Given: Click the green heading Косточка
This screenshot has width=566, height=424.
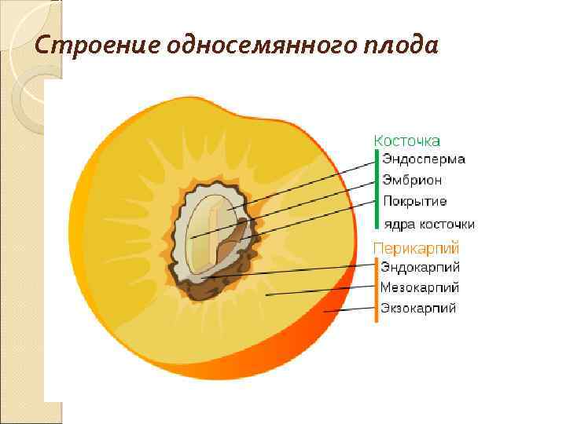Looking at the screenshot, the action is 406,140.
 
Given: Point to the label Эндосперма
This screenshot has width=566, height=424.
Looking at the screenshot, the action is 423,159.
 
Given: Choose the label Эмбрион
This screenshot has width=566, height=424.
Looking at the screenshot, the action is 412,180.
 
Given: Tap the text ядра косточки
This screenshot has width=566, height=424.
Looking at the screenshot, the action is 429,224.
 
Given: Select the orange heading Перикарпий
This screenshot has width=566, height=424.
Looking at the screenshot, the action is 416,248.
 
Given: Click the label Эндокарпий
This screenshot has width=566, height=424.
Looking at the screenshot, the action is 421,268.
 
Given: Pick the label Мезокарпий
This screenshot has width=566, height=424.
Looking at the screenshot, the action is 420,288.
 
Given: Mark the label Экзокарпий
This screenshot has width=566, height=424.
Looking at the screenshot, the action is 419,309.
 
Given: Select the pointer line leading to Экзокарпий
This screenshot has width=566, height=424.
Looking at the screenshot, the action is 350,310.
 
